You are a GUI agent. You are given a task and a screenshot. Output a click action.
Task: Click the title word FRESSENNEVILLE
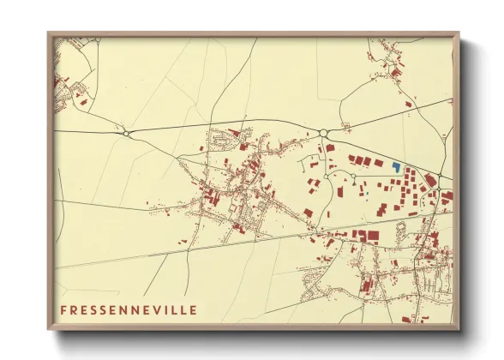pos(128,309)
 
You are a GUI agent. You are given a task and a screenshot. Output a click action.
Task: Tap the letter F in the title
pos(63,309)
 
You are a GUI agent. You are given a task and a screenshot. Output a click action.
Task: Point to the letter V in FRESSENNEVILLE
pos(154,309)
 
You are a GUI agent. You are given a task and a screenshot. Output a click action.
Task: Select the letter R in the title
pos(75,309)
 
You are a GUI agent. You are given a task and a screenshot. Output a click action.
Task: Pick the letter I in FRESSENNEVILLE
pos(164,309)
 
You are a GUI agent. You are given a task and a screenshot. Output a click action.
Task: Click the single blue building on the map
pos(396,166)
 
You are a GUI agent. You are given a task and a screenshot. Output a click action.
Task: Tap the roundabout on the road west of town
pos(127,133)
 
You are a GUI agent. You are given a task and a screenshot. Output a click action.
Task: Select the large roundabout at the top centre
pos(323,132)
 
